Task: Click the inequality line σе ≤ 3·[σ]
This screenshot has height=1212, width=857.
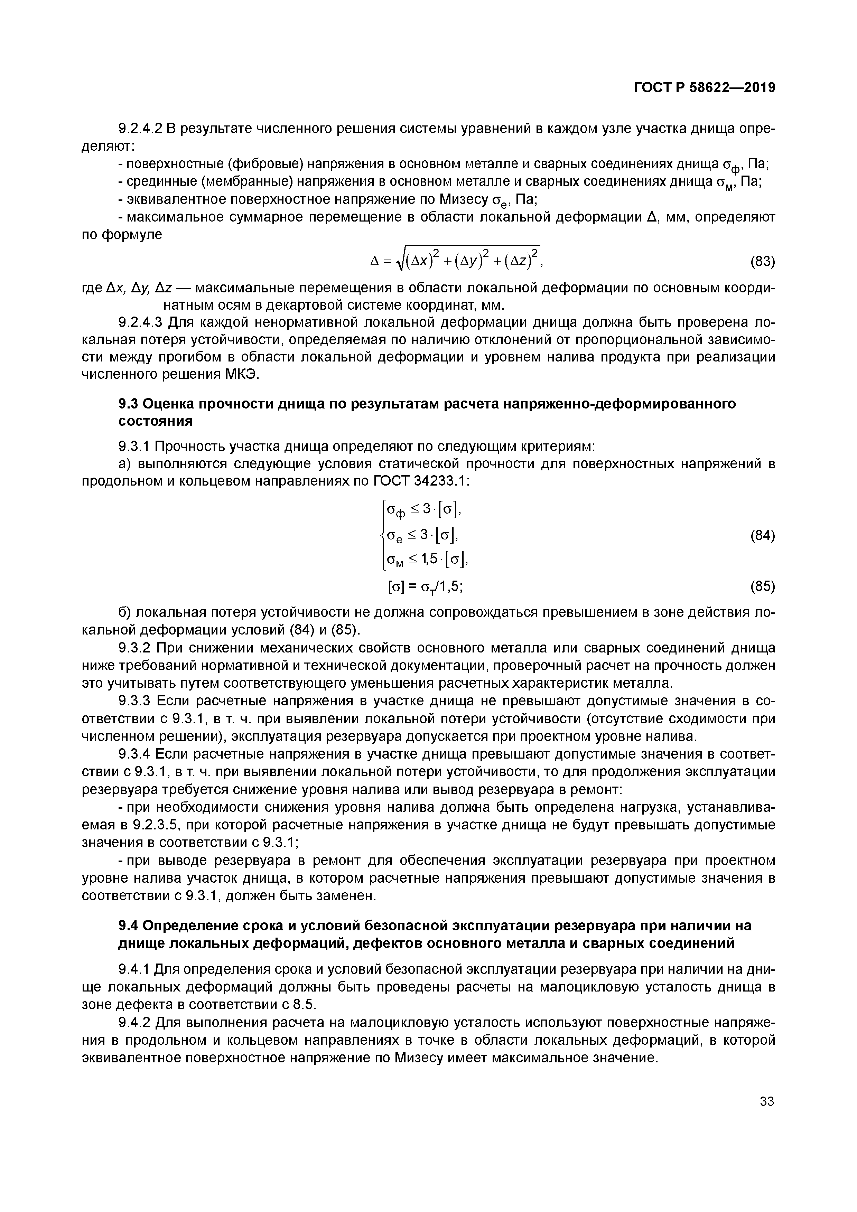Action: coord(422,536)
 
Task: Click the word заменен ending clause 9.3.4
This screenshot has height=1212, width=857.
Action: coord(348,896)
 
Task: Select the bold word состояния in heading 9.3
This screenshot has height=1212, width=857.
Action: coord(155,421)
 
